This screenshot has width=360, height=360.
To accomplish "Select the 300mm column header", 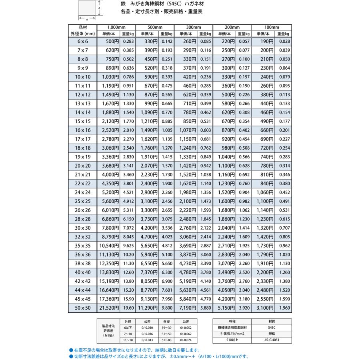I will coord(193,27).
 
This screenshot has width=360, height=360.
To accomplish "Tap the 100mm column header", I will coord(271,27).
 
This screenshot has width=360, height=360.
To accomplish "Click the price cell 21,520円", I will coord(108,308).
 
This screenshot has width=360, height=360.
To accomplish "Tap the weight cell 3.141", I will coord(128,166).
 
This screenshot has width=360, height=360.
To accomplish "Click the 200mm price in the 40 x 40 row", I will coord(226,272).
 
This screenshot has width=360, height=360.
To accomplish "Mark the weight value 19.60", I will coord(128,308).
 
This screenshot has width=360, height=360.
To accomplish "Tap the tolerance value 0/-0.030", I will coord(147,327).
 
